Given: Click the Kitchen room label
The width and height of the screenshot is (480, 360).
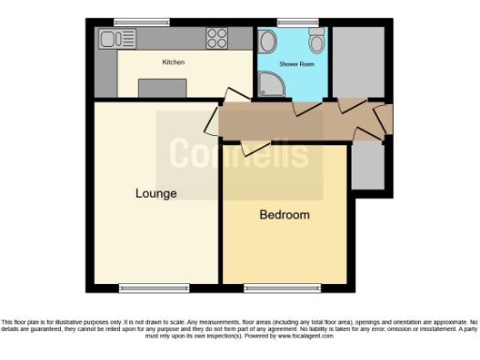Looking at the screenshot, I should [x=173, y=62].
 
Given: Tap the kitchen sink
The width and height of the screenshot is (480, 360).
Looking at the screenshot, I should [x=115, y=39].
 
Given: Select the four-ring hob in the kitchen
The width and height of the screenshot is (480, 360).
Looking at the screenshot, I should [x=217, y=38].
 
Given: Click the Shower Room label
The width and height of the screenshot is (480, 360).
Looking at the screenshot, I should [x=292, y=63].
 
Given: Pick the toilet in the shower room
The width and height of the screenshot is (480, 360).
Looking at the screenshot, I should [x=316, y=40].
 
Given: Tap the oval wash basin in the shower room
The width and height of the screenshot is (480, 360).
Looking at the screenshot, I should [x=267, y=41].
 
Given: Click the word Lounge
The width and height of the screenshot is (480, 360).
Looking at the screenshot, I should [x=156, y=194].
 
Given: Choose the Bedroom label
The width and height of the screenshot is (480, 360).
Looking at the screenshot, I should [x=284, y=215].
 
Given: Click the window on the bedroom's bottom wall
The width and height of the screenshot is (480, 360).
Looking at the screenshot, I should [x=277, y=286].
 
